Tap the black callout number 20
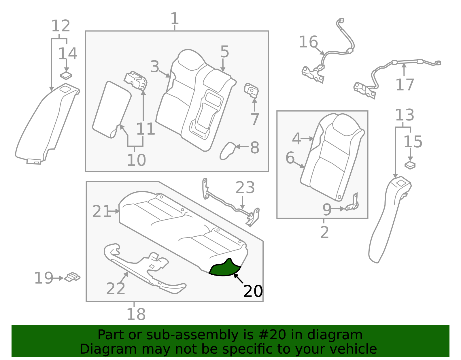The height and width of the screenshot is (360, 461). (253, 291)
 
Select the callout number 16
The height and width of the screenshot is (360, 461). (308, 42)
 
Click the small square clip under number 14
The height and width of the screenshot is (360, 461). (66, 76)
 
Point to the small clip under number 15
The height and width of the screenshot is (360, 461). (410, 165)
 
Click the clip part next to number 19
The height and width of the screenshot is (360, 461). (72, 277)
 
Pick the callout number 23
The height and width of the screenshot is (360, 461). (245, 188)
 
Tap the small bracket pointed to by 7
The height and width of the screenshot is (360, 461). (251, 90)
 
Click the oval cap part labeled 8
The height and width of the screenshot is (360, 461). (228, 150)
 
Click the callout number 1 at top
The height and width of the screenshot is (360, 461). (175, 19)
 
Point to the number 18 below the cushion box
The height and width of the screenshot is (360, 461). (136, 314)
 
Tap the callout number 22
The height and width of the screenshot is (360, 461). (116, 289)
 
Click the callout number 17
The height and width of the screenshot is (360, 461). (405, 85)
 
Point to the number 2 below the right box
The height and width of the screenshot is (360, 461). (324, 232)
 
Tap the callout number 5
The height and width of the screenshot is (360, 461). (224, 52)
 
